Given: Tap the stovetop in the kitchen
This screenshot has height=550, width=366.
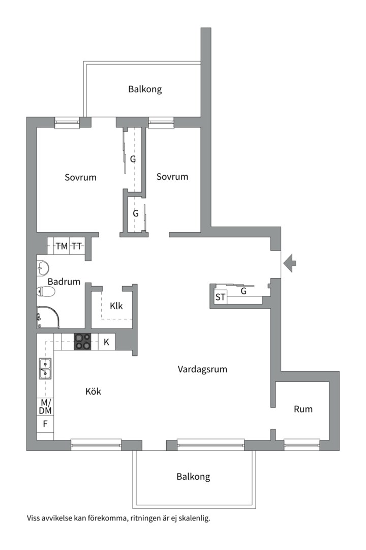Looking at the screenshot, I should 83,341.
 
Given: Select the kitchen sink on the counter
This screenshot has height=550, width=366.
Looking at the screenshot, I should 45,369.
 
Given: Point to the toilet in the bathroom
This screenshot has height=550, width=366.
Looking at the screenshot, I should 46,292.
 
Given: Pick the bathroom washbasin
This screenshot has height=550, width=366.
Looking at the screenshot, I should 42,268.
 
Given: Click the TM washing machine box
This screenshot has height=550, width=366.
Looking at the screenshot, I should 62,246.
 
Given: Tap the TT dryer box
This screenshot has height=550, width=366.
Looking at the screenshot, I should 77,246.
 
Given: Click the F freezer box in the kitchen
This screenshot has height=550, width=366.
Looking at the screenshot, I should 45,424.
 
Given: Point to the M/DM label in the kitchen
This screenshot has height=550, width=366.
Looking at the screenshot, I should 45,406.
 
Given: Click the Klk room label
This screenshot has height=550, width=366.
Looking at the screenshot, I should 116,306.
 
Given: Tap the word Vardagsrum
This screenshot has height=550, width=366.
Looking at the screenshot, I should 202,369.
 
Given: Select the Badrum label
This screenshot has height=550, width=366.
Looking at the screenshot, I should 64,281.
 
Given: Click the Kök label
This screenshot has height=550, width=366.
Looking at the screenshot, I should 93,392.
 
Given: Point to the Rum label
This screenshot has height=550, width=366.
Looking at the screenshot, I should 303,409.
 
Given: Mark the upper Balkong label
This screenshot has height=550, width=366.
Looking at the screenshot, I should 145,89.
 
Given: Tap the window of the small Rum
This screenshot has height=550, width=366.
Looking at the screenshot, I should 302,445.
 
